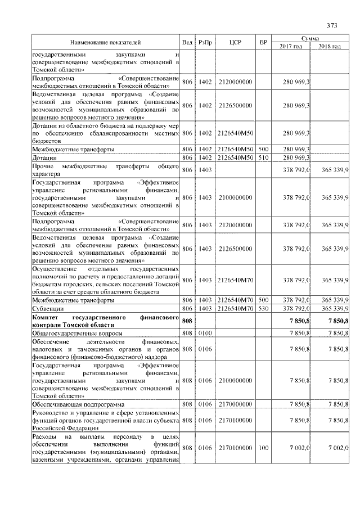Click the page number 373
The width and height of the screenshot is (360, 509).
coord(331,25)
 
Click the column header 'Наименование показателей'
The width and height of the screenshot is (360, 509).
coord(105,42)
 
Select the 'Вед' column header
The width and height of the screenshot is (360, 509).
coord(187,42)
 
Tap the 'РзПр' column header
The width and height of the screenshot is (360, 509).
coord(205,42)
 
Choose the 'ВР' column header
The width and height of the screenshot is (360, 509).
coord(263,42)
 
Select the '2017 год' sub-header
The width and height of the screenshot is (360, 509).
coord(291,46)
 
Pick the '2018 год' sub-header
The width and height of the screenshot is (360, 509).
coord(330,46)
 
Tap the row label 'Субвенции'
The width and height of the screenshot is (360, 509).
coord(47,309)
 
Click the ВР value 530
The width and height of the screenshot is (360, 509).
coord(263,309)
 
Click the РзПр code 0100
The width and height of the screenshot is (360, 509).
coord(205,333)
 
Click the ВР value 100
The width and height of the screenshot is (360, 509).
coord(263,447)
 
